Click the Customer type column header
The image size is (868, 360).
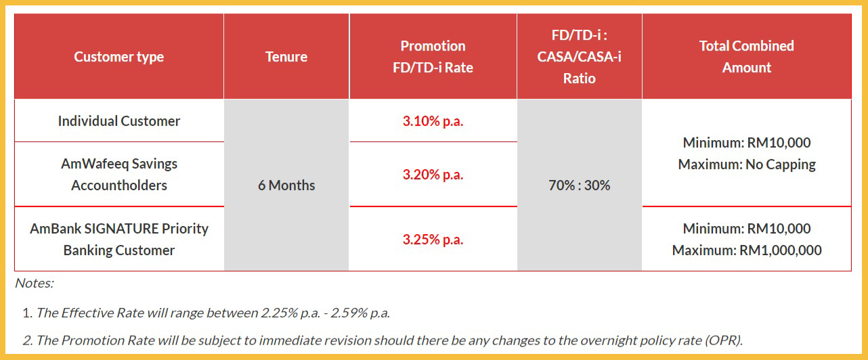coord(119,57)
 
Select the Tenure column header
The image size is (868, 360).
coord(286,57)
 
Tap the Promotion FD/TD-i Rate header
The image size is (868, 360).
coord(433,57)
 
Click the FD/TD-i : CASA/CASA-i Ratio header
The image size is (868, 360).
coord(580,57)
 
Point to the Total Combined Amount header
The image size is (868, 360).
coord(747,57)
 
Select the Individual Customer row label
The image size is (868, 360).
coord(119,121)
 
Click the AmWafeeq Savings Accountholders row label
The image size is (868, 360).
coord(119,175)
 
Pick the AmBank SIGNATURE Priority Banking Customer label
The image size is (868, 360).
coord(119,240)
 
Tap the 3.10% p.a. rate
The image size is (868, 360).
coord(433,121)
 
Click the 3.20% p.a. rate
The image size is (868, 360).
coord(433,175)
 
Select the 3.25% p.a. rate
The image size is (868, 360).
coord(433,240)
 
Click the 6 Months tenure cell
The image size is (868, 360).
coord(286,185)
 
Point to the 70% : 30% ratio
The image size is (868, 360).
coord(580,185)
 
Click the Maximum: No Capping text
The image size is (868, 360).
coord(747,164)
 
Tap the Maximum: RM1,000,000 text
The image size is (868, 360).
coord(747,250)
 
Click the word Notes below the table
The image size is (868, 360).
coord(34,284)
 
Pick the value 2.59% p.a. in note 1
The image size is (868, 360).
coord(360,313)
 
